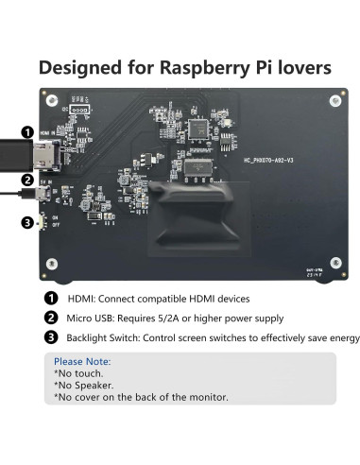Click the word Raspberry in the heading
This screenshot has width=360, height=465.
[208, 68]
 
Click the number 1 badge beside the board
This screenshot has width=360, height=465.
[28, 133]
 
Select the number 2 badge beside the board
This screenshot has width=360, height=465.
[28, 180]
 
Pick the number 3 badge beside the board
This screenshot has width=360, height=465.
[28, 224]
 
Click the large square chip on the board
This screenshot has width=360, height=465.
[199, 130]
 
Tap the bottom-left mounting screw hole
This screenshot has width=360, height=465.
[50, 267]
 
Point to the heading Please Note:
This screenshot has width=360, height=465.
[82, 361]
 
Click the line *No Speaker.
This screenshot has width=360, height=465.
[85, 385]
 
